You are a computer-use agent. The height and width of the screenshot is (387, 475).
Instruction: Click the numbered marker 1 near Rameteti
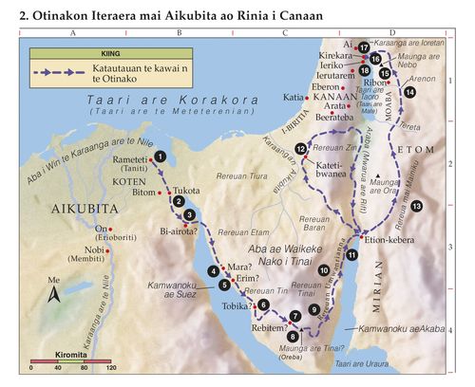[x=161, y=156]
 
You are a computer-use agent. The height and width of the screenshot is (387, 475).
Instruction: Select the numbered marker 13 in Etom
[x=416, y=206]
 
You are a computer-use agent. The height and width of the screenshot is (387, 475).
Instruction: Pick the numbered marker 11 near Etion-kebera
[x=352, y=254]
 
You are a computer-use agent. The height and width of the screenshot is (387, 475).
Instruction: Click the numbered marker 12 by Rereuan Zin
[x=301, y=149]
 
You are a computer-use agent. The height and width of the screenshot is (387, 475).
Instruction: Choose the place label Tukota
[x=187, y=191]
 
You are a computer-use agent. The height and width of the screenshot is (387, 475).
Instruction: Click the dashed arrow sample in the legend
[x=53, y=73]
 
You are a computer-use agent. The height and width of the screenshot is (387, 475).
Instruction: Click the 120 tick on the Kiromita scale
[x=98, y=369]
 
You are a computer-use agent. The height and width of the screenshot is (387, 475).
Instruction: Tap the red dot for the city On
[x=111, y=230]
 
